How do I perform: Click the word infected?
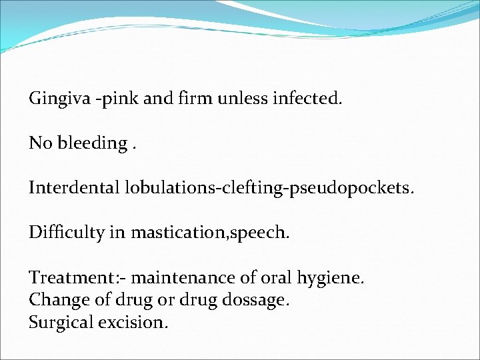pos(307,99)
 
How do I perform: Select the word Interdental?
pos(74,188)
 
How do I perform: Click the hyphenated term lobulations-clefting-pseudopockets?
pos(269,189)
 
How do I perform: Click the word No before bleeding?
pos(39,143)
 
